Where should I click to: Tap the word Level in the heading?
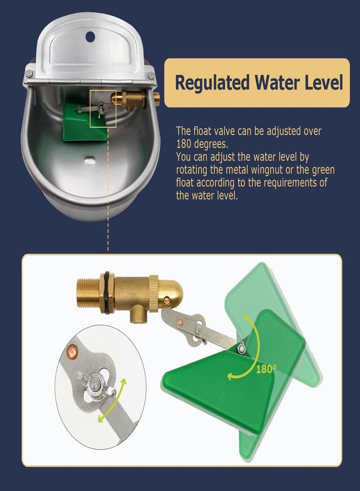pos(322,83)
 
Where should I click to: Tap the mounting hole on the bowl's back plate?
pos(90,22)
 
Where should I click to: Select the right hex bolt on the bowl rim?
pos(151,74)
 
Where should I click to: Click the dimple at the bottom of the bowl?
pos(89,160)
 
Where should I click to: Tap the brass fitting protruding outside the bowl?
pos(157,98)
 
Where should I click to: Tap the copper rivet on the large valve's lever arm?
pos(181,325)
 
